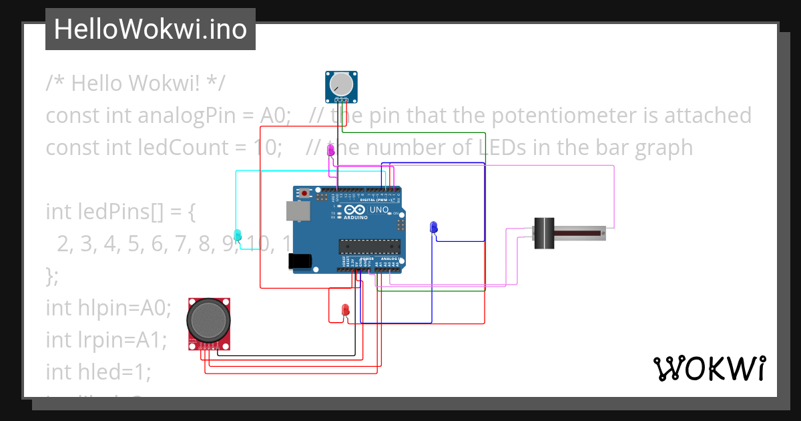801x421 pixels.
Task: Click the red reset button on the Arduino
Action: coord(305,194)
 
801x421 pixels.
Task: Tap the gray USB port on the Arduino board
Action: coord(298,211)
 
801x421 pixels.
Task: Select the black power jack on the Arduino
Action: coord(299,262)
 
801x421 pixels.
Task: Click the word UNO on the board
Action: coord(379,210)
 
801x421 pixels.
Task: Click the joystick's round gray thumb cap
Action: coord(210,320)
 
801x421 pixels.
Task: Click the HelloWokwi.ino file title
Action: coord(150,29)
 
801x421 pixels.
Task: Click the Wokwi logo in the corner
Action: coord(709,369)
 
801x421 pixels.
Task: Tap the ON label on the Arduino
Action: coord(396,213)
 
